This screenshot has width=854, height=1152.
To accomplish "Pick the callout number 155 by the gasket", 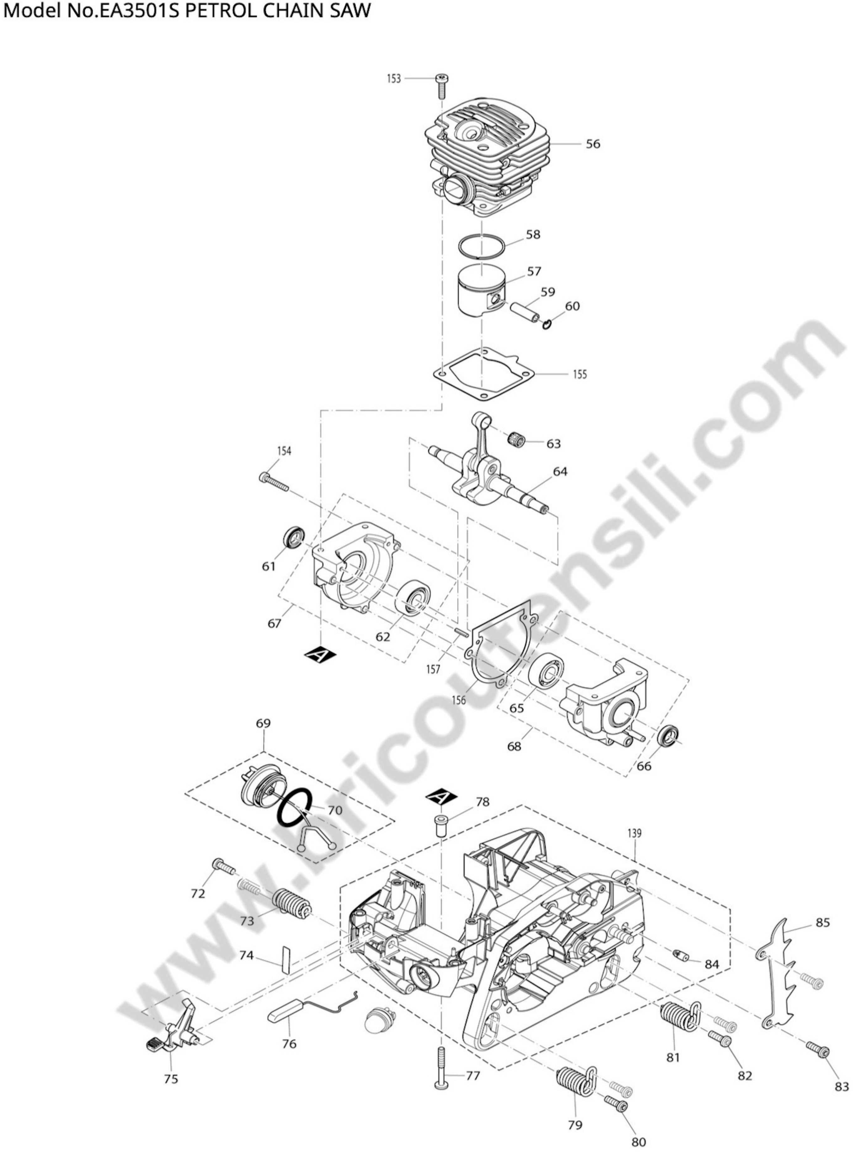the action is (x=580, y=374).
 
